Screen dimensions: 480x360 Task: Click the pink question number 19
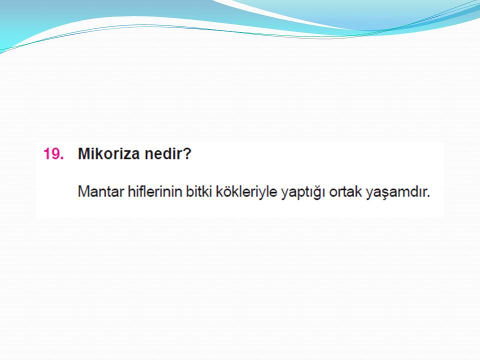53,153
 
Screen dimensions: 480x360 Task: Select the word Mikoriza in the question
109,153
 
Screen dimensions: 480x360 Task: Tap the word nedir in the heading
161,153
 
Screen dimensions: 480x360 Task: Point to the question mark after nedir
186,153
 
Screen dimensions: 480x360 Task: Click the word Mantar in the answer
101,191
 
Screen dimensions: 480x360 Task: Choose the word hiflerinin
155,191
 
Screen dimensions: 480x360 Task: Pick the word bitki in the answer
199,191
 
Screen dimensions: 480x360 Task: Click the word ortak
345,191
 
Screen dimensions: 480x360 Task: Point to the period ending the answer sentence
428,196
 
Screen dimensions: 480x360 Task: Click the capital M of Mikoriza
84,153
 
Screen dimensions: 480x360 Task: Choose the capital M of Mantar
83,192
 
